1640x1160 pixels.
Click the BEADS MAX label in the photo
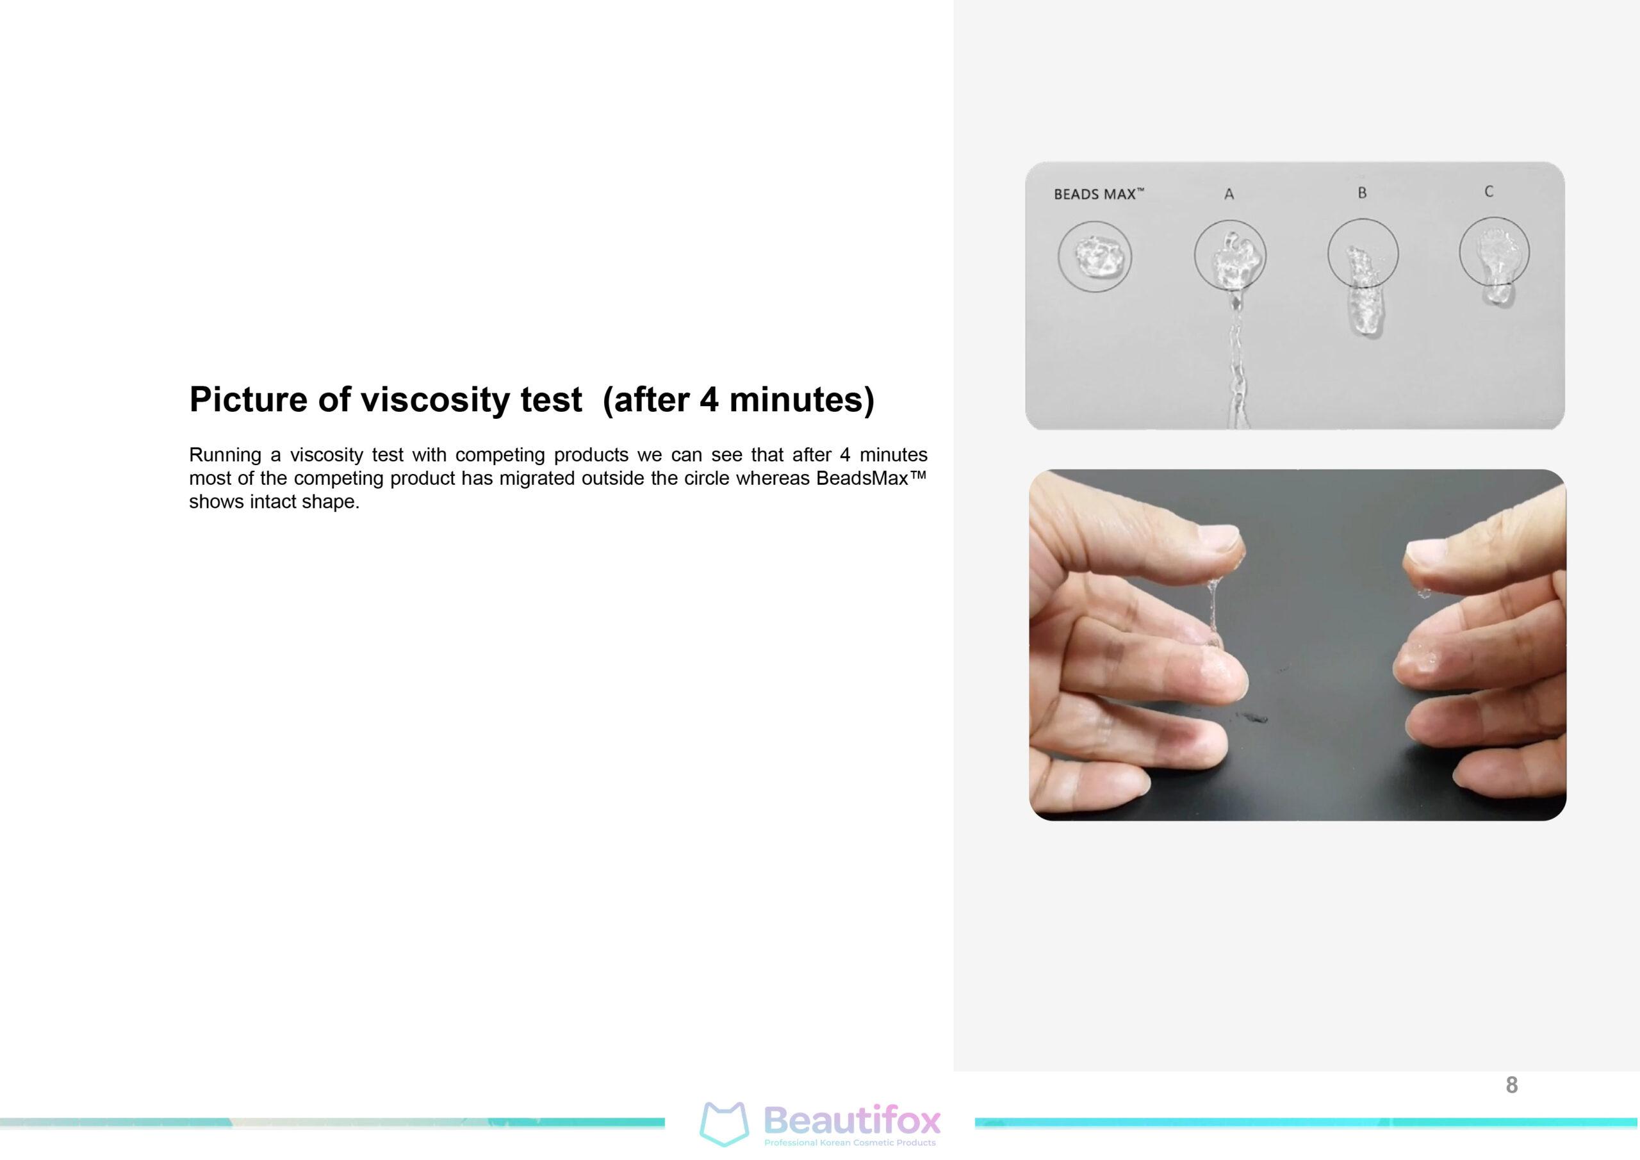(1099, 193)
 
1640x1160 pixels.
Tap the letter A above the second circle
(1229, 193)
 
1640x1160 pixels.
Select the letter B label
(1362, 193)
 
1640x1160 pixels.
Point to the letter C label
(1489, 192)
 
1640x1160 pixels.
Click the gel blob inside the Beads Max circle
(1094, 257)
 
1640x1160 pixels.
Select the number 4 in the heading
(709, 398)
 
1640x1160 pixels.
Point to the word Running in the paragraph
(225, 455)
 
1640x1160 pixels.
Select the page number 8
(1511, 1085)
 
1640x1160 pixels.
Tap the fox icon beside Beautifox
(723, 1123)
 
